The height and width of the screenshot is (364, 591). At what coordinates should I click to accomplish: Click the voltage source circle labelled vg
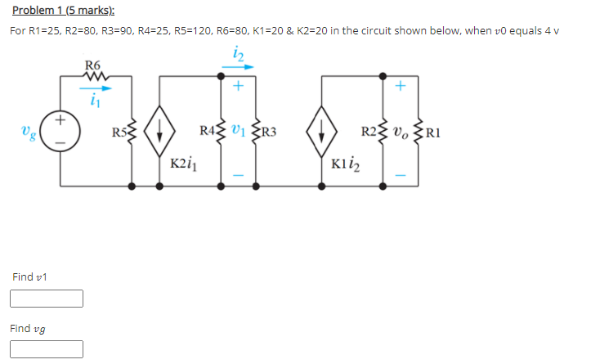point(60,131)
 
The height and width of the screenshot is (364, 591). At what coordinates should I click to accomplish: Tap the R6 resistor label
point(93,65)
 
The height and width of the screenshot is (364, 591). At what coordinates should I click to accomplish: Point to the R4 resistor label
point(208,130)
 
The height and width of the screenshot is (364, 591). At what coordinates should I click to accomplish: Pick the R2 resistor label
point(371,130)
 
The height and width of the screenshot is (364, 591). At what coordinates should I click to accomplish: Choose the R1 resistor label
point(432,131)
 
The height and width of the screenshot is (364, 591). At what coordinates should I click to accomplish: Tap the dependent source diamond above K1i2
point(323,131)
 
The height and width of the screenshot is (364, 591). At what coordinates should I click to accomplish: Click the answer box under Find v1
point(47,299)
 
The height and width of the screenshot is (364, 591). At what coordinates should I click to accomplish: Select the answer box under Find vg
point(47,349)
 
